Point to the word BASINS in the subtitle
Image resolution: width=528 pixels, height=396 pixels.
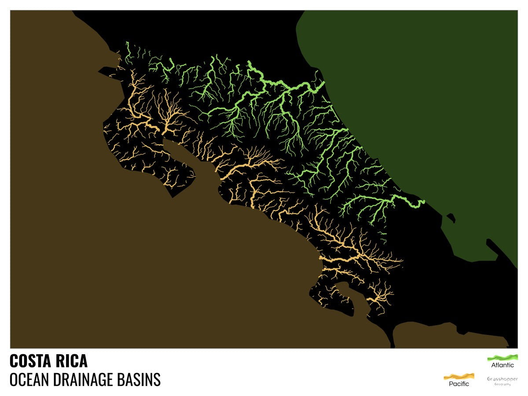(x=141, y=379)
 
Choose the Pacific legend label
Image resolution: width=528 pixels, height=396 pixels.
(x=459, y=384)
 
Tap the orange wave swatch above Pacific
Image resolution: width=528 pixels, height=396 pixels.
(x=459, y=376)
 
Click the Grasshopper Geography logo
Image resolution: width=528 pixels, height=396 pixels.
(x=502, y=381)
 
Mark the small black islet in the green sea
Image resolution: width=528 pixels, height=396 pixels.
(x=450, y=216)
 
